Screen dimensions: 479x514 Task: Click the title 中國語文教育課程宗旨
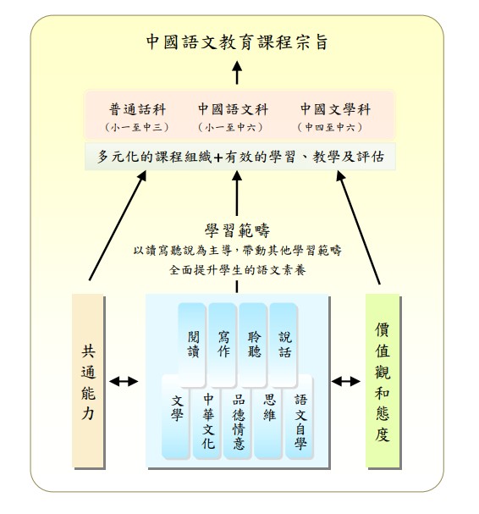237,42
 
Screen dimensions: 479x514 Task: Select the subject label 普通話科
138,109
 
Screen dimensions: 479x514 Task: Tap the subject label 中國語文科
233,109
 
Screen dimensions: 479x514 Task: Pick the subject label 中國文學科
335,109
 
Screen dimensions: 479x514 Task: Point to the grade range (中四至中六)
330,127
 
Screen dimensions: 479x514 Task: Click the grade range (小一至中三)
137,127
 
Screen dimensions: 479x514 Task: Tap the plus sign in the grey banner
217,158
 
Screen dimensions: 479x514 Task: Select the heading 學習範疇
237,230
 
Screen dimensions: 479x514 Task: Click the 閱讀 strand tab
192,344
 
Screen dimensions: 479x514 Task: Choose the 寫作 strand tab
223,344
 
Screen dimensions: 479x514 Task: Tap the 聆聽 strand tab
253,344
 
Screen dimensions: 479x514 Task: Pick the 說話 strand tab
284,344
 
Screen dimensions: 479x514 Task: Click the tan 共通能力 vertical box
88,380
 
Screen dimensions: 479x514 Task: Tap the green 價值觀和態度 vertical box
383,380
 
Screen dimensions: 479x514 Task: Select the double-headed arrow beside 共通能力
124,381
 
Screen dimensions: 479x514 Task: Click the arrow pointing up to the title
237,73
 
